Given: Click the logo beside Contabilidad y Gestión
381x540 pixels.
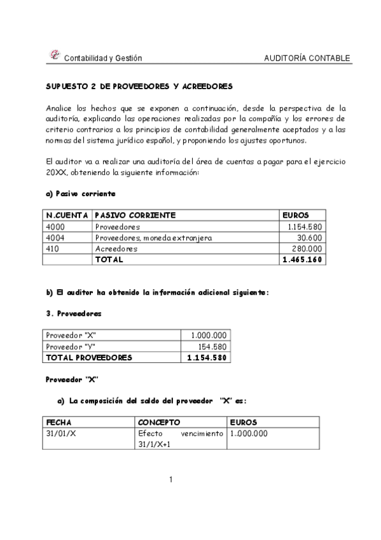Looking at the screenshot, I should point(54,56).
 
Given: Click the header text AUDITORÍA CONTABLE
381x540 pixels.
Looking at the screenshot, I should point(307,59).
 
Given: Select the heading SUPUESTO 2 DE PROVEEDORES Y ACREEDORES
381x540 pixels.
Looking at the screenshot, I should point(140,85).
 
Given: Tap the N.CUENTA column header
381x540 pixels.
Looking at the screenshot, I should point(67,215).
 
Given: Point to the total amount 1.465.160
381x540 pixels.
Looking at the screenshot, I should point(303,260).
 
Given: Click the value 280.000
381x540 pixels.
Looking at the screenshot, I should point(307,249).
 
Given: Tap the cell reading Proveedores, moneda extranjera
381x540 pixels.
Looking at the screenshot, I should point(153,238).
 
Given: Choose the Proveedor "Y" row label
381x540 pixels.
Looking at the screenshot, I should point(71,346).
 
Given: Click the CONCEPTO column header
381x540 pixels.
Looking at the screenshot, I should point(159,422).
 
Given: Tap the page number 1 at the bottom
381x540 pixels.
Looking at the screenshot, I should point(171,480).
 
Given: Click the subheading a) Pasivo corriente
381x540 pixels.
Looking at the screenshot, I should point(80,193).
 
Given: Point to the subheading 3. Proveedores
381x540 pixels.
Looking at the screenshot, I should point(74,314).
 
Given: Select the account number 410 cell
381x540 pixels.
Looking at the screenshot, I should point(53,249).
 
